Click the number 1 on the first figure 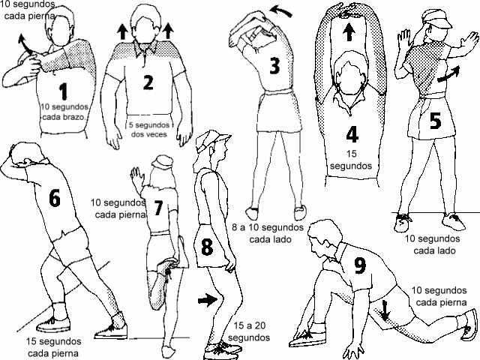tap(63, 91)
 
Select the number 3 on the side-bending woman tap(274, 66)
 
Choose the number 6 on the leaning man tap(54, 198)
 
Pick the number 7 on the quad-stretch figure tap(158, 208)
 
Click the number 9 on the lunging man tap(360, 265)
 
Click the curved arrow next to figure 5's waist tap(448, 77)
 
